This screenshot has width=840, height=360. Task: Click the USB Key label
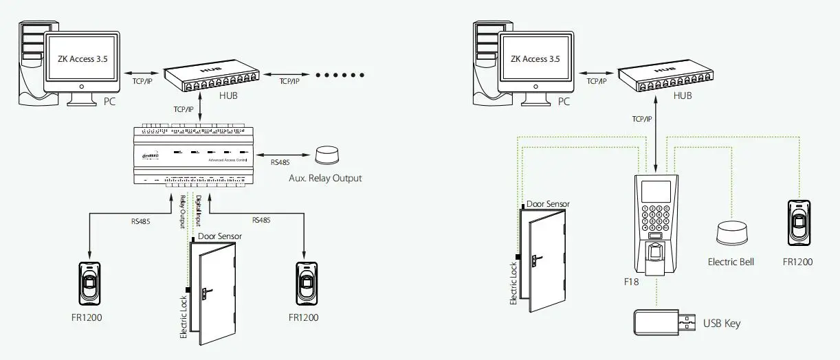[722, 323]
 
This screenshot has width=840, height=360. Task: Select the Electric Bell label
[731, 262]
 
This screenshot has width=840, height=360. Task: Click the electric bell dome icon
[731, 234]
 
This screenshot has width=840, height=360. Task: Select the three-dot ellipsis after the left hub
[340, 74]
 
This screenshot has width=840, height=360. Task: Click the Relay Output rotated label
[183, 210]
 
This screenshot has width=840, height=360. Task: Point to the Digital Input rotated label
[199, 212]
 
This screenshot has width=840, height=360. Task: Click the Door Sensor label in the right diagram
[548, 204]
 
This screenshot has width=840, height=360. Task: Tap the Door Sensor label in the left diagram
[220, 236]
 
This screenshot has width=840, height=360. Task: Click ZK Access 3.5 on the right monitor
[535, 59]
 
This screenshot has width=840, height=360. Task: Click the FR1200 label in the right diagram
[797, 262]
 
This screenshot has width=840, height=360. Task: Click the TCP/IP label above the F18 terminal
[642, 119]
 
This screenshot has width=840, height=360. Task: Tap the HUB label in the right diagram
[683, 95]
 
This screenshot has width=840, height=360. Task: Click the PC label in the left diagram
[109, 102]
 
